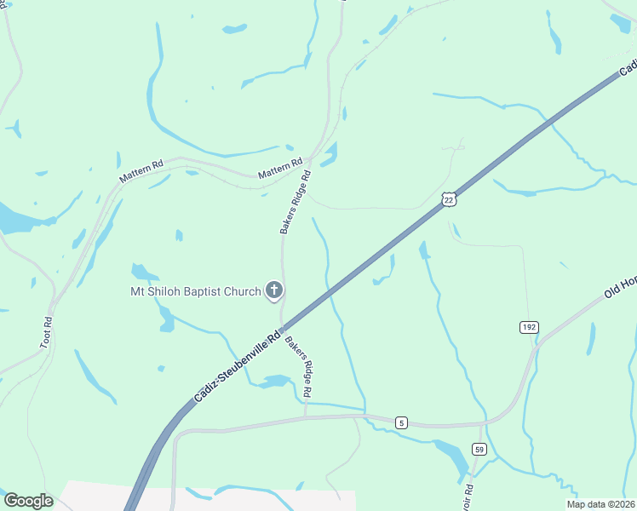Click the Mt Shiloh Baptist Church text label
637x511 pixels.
click(195, 292)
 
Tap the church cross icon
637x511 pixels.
click(274, 292)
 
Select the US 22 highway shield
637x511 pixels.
click(450, 198)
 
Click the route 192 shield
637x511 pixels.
click(530, 327)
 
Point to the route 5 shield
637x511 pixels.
click(402, 422)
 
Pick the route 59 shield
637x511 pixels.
click(479, 449)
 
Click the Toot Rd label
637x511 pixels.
click(48, 332)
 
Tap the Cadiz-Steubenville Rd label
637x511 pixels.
click(238, 367)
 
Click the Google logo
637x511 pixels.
click(28, 501)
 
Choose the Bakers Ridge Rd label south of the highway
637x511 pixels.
click(299, 369)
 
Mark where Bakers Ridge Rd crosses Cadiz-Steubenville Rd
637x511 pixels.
click(283, 327)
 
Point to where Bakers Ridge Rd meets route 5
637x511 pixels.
click(305, 416)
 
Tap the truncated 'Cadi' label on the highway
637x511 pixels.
click(628, 66)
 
